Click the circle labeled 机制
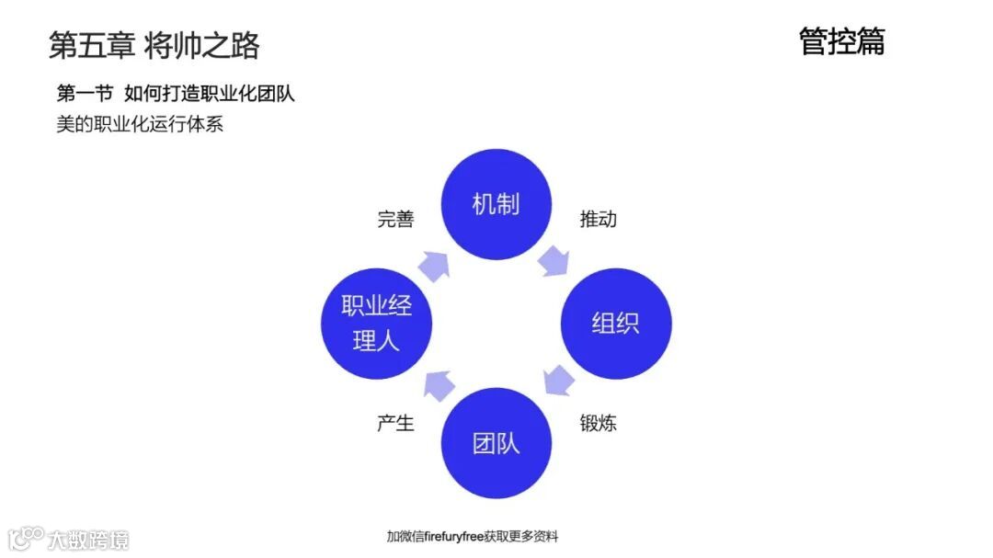click(496, 204)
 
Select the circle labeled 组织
click(616, 324)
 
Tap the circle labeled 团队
click(496, 444)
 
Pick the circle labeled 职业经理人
click(376, 324)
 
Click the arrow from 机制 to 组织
click(554, 260)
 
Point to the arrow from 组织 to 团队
click(557, 380)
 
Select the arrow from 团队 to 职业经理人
click(438, 383)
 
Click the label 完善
click(395, 220)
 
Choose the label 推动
click(598, 220)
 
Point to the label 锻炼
click(598, 424)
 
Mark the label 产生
click(395, 424)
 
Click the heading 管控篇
click(841, 41)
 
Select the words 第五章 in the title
click(92, 45)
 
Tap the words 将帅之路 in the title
click(202, 45)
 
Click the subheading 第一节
click(85, 94)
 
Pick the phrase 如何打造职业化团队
click(210, 94)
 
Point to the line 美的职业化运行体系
click(140, 124)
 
